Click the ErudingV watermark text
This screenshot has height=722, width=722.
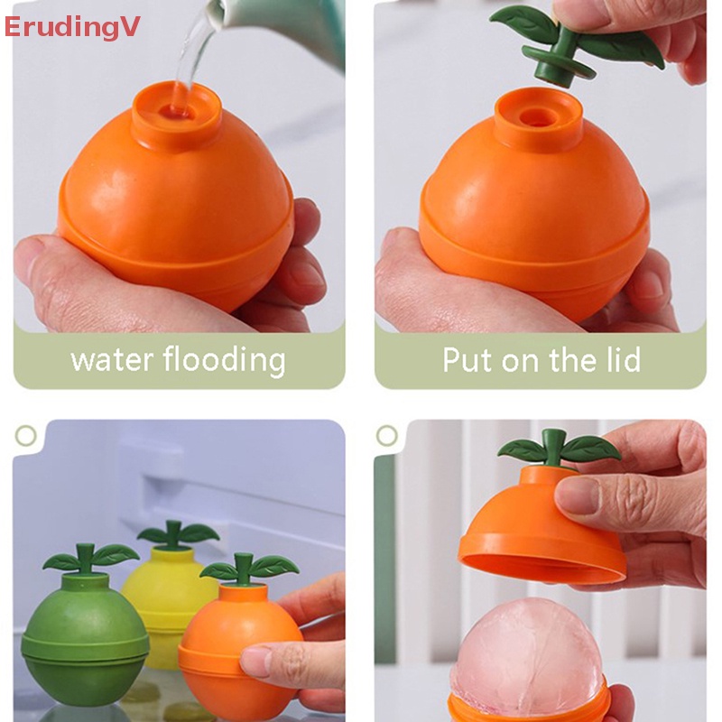pyautogui.click(x=72, y=27)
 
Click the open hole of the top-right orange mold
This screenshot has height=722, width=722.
pyautogui.click(x=539, y=117)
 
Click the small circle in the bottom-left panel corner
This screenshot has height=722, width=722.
pyautogui.click(x=26, y=436)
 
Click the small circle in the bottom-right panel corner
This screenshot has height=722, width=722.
pyautogui.click(x=387, y=436)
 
